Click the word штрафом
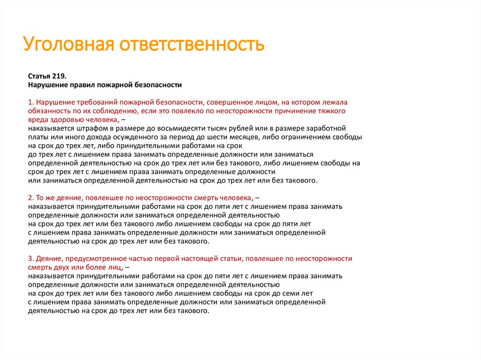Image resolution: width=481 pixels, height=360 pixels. pyautogui.click(x=88, y=128)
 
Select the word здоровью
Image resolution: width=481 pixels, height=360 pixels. pyautogui.click(x=66, y=120)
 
